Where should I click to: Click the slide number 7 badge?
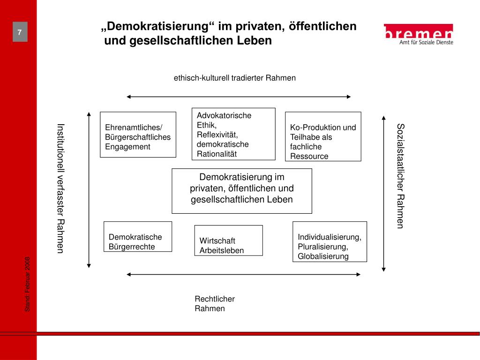coord(20,32)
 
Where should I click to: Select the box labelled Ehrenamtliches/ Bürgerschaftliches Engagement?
coord(138,135)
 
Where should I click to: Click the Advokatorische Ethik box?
coord(233,134)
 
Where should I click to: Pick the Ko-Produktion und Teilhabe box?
coord(323,136)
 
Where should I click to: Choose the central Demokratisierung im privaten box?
coord(241,191)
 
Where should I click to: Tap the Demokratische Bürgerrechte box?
coord(137,236)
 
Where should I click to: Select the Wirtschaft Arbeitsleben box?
coord(228,240)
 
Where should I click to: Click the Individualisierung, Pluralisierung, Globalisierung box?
coord(330,241)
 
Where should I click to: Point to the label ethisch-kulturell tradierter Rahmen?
coord(235,78)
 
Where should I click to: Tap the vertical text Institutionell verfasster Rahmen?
coord(60,188)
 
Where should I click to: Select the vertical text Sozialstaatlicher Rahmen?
coord(400,176)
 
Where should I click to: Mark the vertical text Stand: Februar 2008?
coord(28,284)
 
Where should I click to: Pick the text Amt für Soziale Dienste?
coord(426,42)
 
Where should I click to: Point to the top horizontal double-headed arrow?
coord(239,97)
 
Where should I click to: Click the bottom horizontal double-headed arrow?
coord(243,274)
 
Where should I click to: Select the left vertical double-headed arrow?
coord(89,189)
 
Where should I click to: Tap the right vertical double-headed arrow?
coord(383,194)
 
